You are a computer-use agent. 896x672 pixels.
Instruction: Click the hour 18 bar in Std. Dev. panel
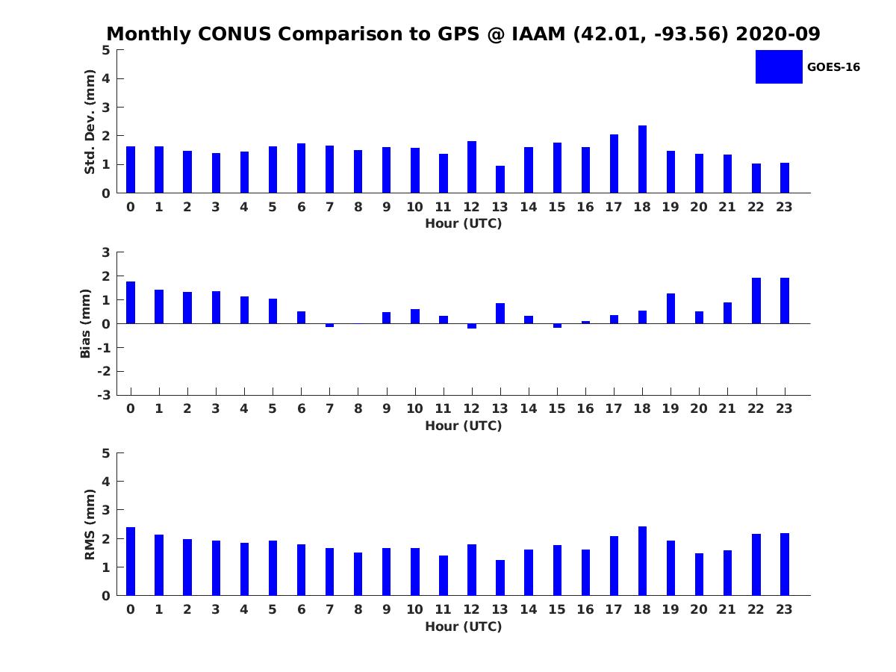642,159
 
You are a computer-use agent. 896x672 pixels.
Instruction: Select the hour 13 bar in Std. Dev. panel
500,179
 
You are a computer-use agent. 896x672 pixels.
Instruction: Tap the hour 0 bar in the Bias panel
131,302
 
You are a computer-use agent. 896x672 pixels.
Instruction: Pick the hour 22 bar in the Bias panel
756,301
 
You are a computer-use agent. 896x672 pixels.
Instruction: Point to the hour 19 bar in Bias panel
671,308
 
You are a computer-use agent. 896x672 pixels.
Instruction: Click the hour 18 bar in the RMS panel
642,561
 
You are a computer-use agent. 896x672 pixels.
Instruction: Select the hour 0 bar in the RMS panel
131,561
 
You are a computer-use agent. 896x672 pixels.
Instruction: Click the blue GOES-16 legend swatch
779,66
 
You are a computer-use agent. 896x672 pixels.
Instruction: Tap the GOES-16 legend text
833,67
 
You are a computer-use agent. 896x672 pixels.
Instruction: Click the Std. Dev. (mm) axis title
90,122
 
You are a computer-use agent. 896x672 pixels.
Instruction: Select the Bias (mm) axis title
86,323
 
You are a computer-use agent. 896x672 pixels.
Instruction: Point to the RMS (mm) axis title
90,524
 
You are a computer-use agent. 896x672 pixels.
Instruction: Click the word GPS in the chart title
458,34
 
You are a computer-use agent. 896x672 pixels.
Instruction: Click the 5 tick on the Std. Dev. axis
107,50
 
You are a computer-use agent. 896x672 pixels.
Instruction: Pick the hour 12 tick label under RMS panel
471,609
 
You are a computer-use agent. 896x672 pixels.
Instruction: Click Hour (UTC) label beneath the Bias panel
463,426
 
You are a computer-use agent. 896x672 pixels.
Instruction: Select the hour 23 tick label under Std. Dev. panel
785,207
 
